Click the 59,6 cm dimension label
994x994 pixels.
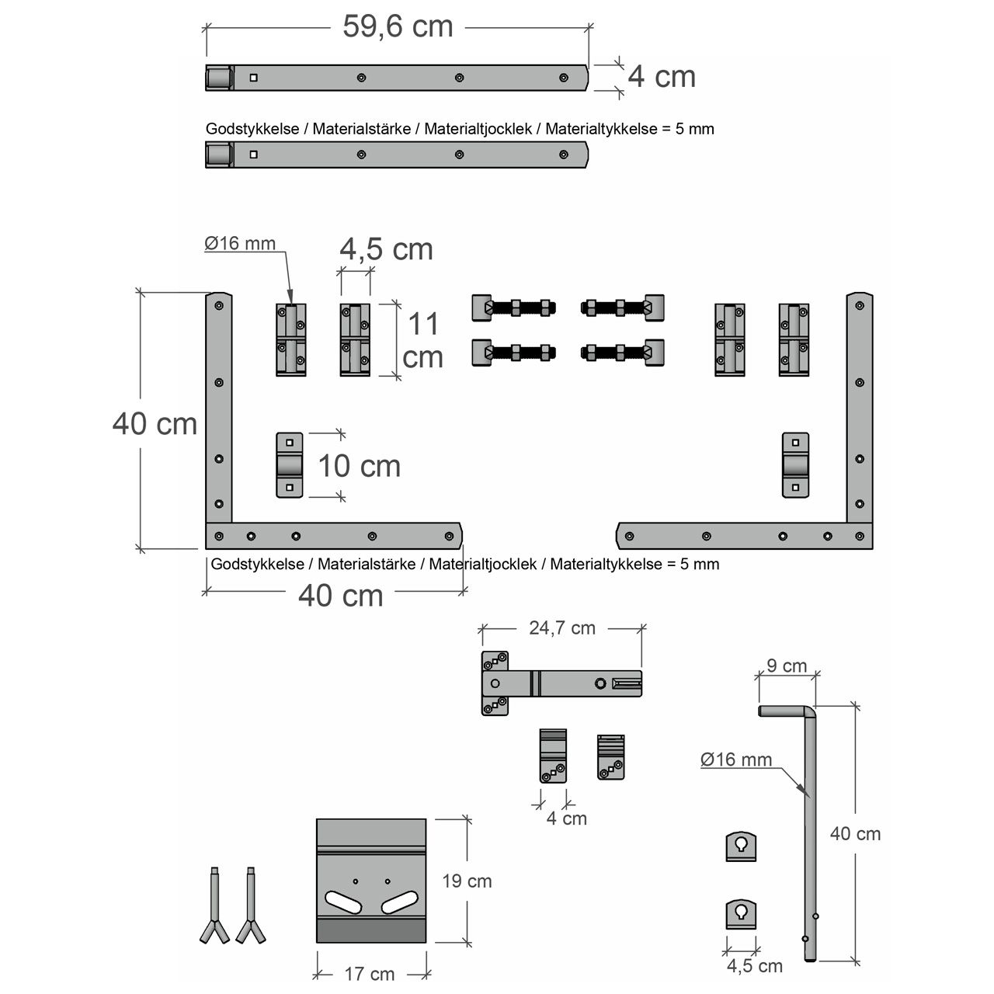[x=398, y=26]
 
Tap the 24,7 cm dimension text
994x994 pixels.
[x=562, y=627]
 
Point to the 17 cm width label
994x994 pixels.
[x=370, y=975]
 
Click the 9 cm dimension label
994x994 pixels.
[x=787, y=666]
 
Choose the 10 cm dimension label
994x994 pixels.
[x=359, y=466]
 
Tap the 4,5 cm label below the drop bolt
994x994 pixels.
[x=755, y=965]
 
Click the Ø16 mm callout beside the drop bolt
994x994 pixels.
[x=736, y=759]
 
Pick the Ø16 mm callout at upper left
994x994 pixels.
[x=240, y=243]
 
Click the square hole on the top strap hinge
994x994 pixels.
[x=253, y=78]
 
